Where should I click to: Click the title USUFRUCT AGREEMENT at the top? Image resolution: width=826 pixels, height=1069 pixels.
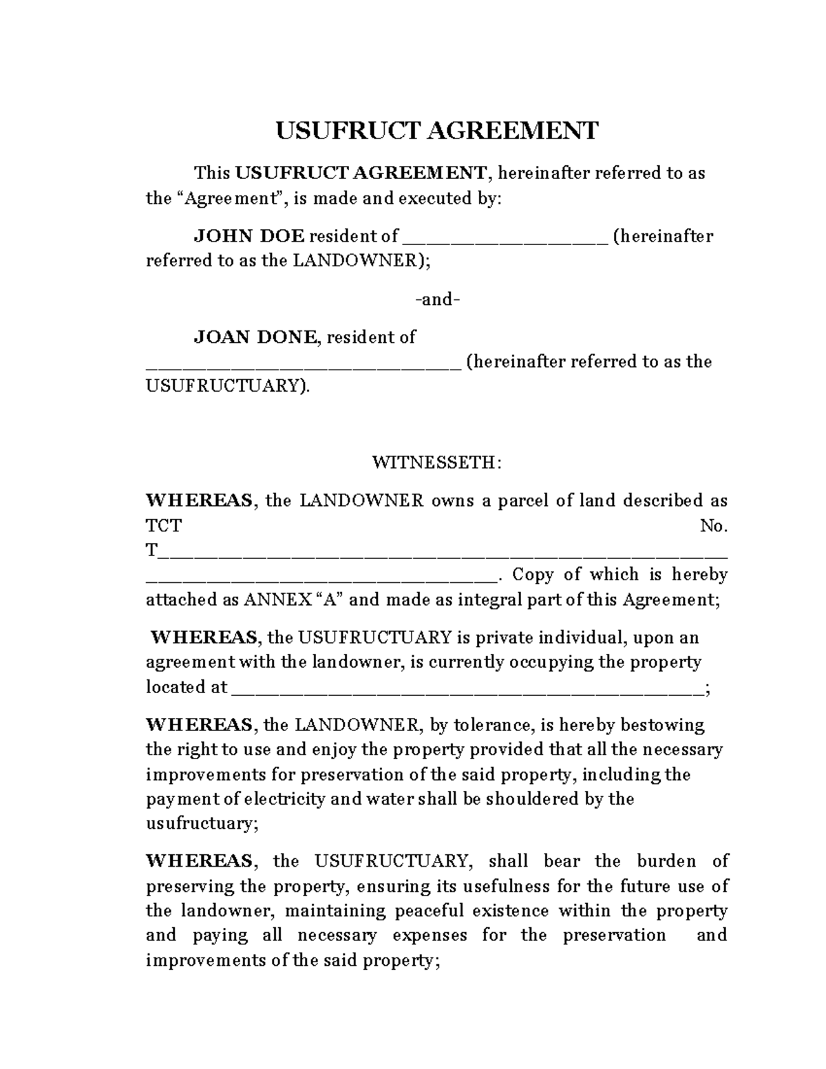(437, 130)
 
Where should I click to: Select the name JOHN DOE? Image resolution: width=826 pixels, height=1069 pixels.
(248, 237)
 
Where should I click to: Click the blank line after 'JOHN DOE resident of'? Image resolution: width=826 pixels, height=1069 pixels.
(504, 238)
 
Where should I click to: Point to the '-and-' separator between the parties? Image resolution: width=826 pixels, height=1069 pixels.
(437, 300)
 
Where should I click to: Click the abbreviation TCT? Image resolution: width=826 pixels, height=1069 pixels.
(164, 527)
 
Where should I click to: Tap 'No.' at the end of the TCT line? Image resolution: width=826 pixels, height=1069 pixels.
(714, 527)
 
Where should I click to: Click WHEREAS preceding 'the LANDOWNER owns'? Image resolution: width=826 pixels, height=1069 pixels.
(200, 500)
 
